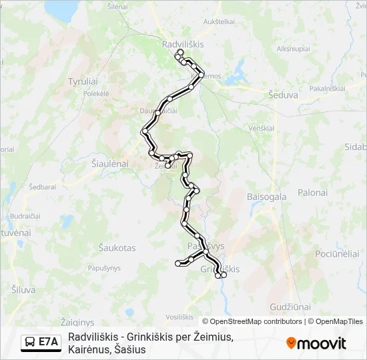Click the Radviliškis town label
tap(182, 43)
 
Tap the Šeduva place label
tap(283, 95)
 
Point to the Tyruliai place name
tap(83, 81)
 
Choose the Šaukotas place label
tap(117, 248)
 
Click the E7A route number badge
tap(48, 342)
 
